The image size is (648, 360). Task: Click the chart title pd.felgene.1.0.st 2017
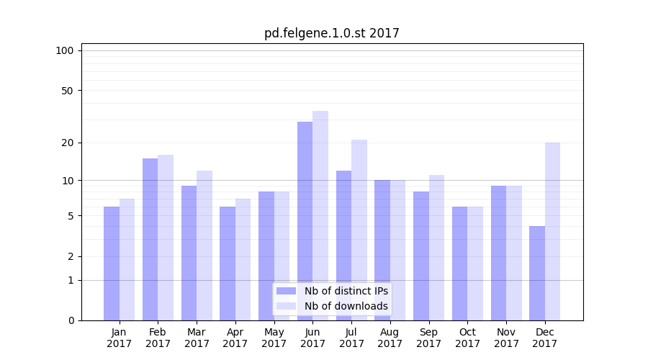pyautogui.click(x=331, y=33)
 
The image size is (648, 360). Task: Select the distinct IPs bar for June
pyautogui.click(x=305, y=220)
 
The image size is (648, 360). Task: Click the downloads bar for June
pyautogui.click(x=320, y=215)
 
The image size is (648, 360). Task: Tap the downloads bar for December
pyautogui.click(x=552, y=231)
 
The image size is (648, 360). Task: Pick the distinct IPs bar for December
pyautogui.click(x=537, y=273)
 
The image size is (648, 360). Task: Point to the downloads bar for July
pyautogui.click(x=359, y=230)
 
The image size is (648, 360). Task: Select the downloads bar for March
pyautogui.click(x=204, y=245)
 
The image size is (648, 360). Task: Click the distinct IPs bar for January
pyautogui.click(x=112, y=263)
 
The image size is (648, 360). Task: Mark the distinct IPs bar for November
pyautogui.click(x=498, y=253)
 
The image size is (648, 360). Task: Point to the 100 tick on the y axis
pyautogui.click(x=65, y=50)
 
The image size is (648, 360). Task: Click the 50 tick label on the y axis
pyautogui.click(x=67, y=91)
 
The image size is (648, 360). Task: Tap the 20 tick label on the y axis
pyautogui.click(x=67, y=143)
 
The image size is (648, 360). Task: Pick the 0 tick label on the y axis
pyautogui.click(x=70, y=320)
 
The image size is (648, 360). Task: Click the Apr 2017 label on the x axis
pyautogui.click(x=235, y=338)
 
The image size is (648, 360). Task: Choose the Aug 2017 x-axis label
pyautogui.click(x=390, y=338)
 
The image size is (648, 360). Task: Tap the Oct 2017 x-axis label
pyautogui.click(x=467, y=338)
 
